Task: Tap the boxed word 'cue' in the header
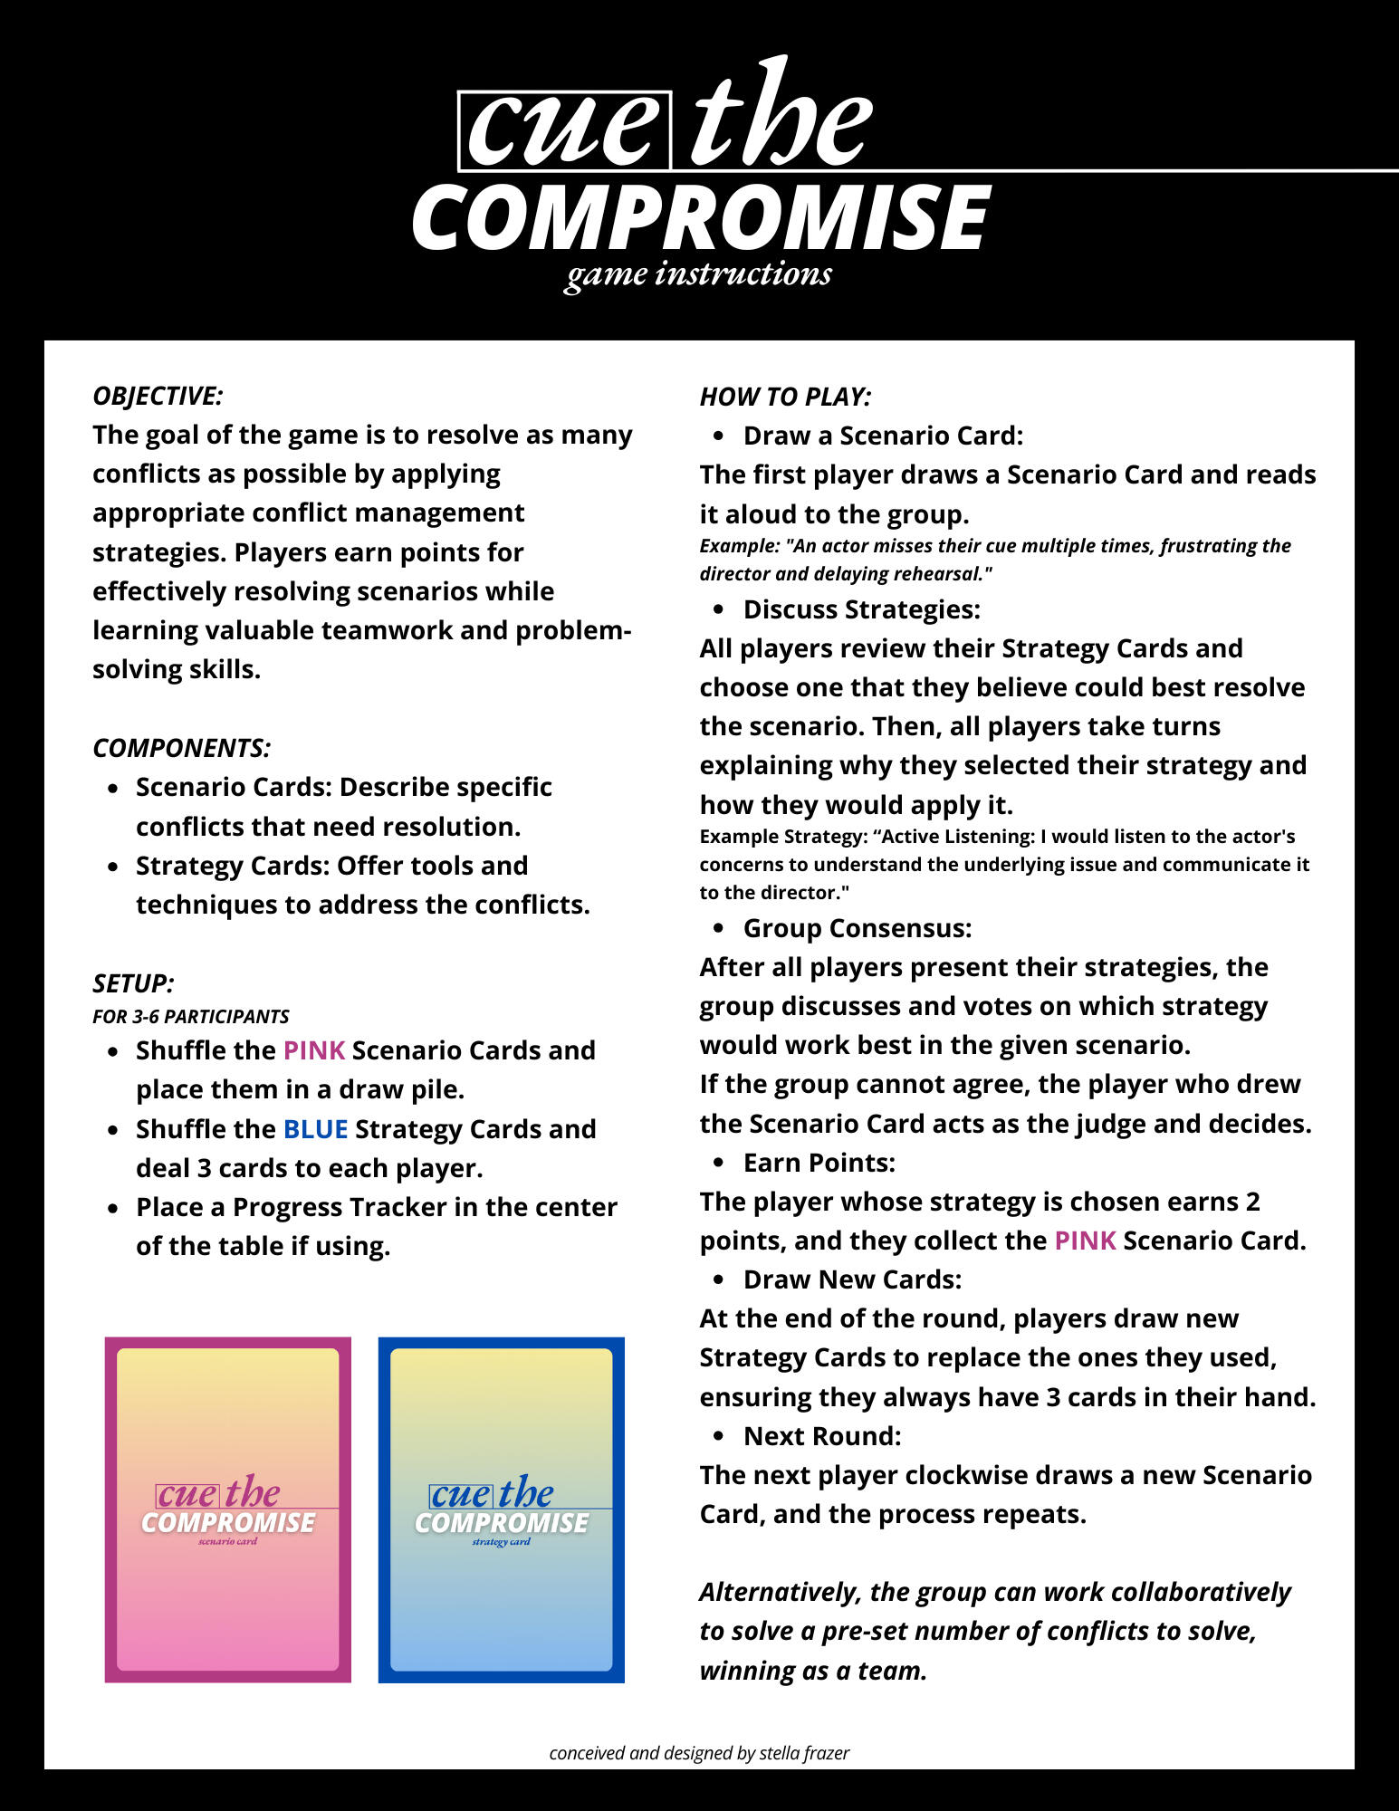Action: click(x=563, y=131)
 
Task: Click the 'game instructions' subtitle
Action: click(x=698, y=274)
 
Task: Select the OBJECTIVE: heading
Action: click(x=158, y=396)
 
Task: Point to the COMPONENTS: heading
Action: click(x=181, y=748)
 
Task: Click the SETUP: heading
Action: click(x=133, y=983)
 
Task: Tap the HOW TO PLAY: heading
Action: click(x=785, y=397)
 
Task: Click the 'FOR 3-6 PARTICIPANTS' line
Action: click(x=191, y=1016)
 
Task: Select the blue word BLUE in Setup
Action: click(x=315, y=1129)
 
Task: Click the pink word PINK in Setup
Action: click(x=314, y=1050)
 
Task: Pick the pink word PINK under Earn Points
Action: click(x=1085, y=1241)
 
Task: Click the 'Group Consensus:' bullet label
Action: click(x=857, y=928)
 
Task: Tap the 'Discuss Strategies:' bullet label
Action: click(x=861, y=609)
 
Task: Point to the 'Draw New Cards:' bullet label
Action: click(x=852, y=1279)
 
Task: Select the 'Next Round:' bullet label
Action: click(x=822, y=1436)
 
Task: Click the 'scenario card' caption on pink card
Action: click(x=227, y=1541)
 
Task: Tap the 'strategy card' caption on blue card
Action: click(x=501, y=1542)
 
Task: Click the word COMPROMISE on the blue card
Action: click(x=502, y=1523)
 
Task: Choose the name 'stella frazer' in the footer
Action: click(x=804, y=1753)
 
